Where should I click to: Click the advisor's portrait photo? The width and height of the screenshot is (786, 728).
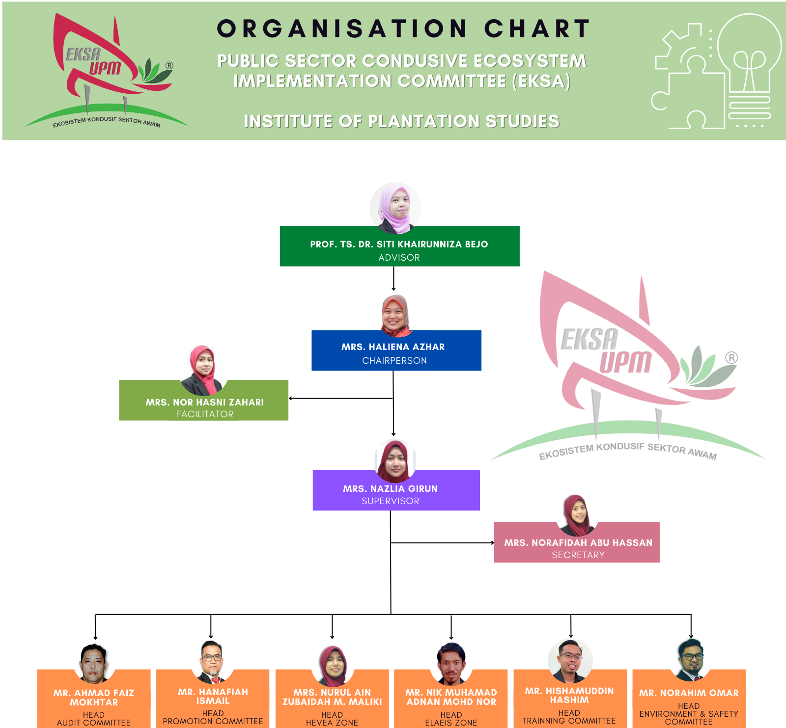pyautogui.click(x=395, y=208)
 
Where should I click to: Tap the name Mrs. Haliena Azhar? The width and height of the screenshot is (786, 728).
pyautogui.click(x=393, y=347)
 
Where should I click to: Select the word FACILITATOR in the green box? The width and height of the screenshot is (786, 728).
pyautogui.click(x=205, y=414)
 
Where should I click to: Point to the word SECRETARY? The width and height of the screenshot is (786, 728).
pyautogui.click(x=578, y=555)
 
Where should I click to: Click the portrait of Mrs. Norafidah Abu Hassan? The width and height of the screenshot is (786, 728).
pyautogui.click(x=578, y=515)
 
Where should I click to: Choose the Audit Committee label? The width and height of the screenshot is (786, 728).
pyautogui.click(x=94, y=723)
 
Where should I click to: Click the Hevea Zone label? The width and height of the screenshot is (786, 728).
pyautogui.click(x=332, y=723)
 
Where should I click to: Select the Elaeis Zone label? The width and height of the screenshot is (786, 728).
pyautogui.click(x=451, y=723)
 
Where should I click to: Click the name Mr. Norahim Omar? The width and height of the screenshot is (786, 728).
pyautogui.click(x=689, y=693)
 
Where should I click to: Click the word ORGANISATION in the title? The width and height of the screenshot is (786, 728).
pyautogui.click(x=342, y=28)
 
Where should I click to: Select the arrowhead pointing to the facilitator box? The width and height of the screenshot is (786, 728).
pyautogui.click(x=291, y=398)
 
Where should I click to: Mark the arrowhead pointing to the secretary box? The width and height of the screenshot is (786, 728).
pyautogui.click(x=492, y=542)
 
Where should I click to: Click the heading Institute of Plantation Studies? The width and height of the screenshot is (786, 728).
pyautogui.click(x=402, y=121)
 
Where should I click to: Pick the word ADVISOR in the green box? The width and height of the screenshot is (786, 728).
pyautogui.click(x=399, y=257)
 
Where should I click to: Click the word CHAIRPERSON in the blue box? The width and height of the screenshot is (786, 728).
pyautogui.click(x=394, y=360)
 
